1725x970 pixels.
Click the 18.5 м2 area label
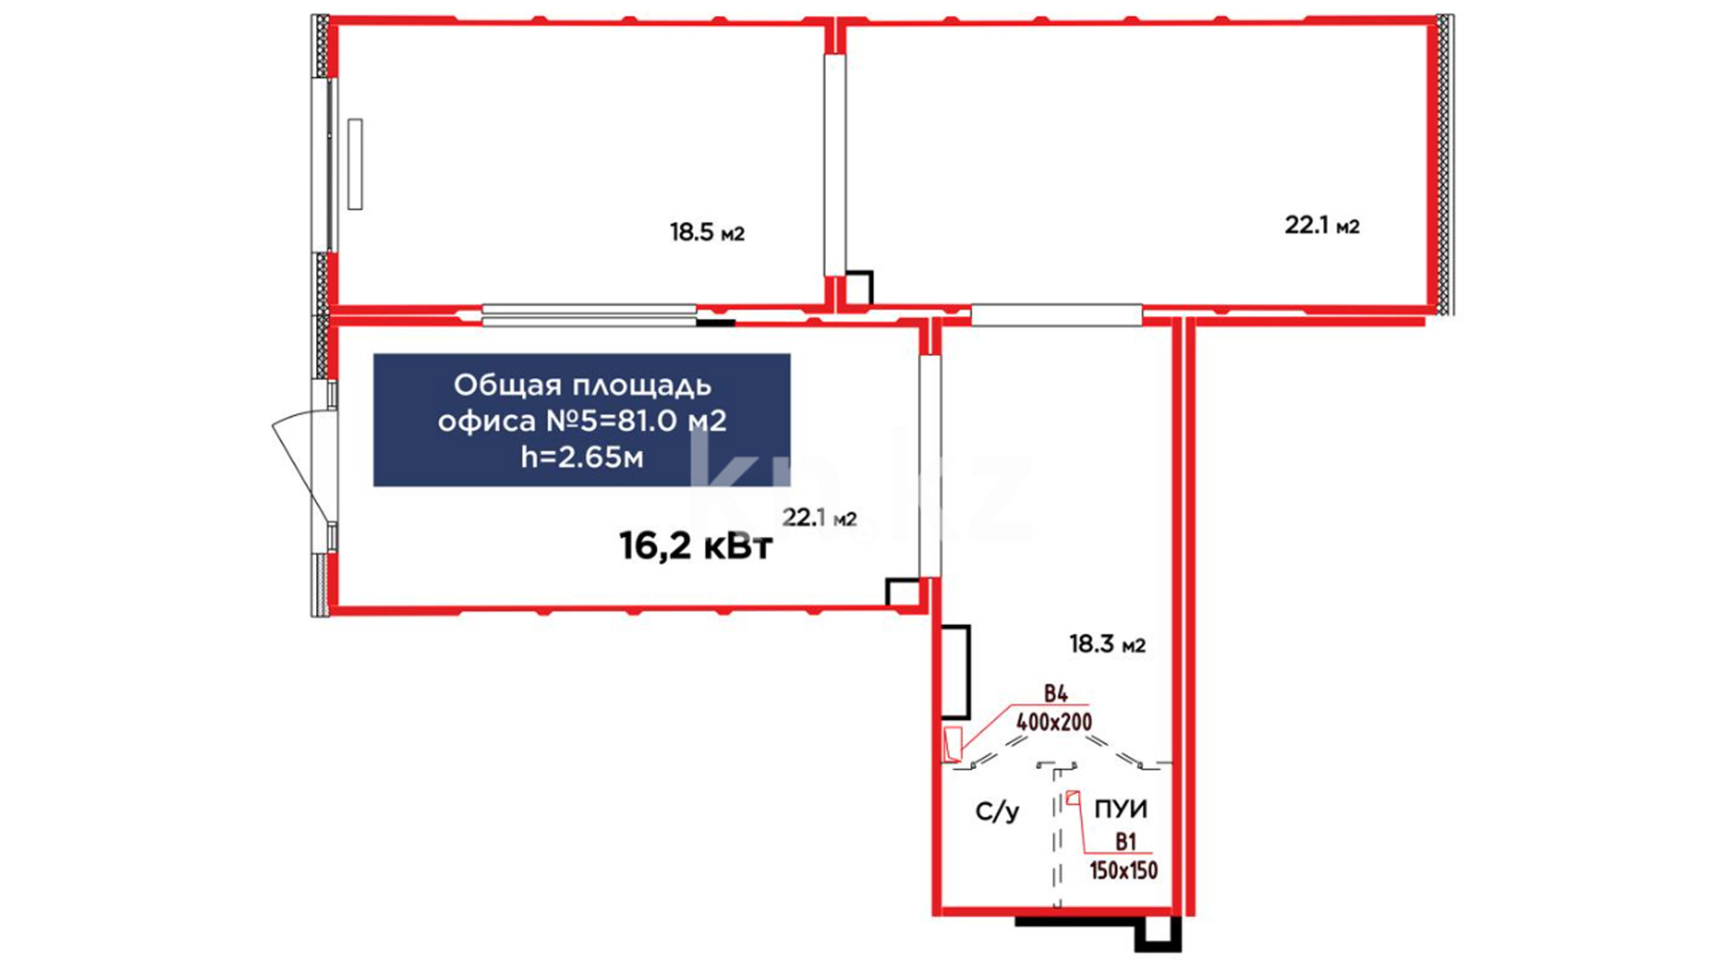coord(707,233)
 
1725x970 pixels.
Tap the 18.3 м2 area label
coord(1107,644)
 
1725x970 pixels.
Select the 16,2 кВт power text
coord(695,545)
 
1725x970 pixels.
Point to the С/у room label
coord(997,811)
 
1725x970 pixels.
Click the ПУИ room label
coord(1120,809)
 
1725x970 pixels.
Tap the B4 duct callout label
coord(1056,693)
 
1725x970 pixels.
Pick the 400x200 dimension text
coord(1054,721)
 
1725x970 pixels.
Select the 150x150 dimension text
coord(1123,870)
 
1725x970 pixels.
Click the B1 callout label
coord(1126,842)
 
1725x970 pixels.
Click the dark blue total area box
coord(581,419)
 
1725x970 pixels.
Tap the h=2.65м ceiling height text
coord(582,457)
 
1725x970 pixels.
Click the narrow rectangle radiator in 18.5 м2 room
coord(355,163)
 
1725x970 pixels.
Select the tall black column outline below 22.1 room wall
coord(955,672)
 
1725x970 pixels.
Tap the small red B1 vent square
coord(1073,797)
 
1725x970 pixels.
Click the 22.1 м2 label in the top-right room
coord(1322,225)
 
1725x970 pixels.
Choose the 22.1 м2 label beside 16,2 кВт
coord(819,518)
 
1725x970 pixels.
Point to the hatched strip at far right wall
coord(1445,164)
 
